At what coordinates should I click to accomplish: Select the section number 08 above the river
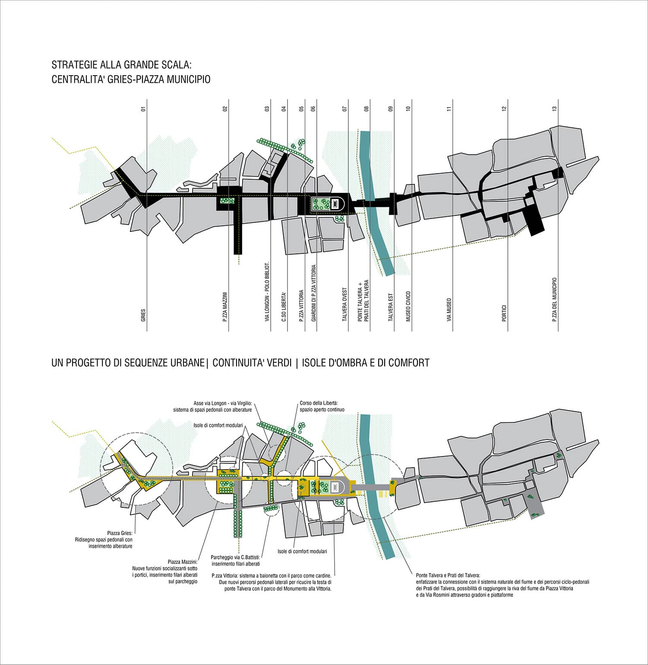367,109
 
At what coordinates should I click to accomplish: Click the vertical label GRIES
143,316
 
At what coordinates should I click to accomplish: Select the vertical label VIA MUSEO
449,310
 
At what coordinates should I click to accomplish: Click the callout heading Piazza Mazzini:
182,562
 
